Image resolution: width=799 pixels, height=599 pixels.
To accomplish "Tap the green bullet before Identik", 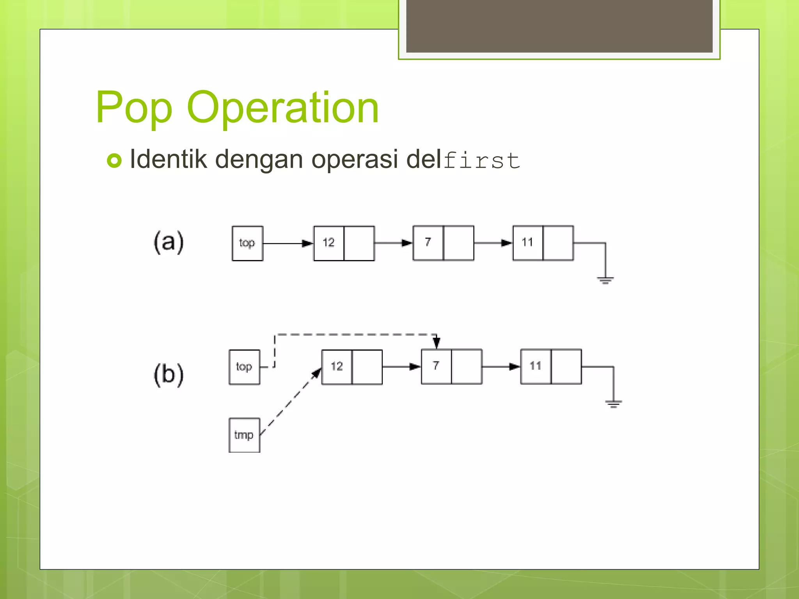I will pyautogui.click(x=114, y=161).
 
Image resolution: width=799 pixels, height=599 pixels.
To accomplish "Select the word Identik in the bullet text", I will pyautogui.click(x=168, y=159).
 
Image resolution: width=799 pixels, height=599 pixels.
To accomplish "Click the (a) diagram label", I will pyautogui.click(x=169, y=242).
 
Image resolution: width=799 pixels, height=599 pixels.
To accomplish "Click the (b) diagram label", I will pyautogui.click(x=169, y=375).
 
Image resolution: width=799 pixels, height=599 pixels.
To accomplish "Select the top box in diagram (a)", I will pyautogui.click(x=247, y=243).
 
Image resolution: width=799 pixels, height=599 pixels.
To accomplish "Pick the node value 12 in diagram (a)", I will pyautogui.click(x=329, y=243).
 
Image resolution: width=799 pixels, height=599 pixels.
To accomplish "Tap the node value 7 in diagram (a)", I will pyautogui.click(x=428, y=243).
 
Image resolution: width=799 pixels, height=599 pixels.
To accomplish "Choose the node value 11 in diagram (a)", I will pyautogui.click(x=527, y=243).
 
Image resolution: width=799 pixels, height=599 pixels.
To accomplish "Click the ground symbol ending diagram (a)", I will pyautogui.click(x=605, y=280).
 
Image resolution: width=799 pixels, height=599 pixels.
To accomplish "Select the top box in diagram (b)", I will pyautogui.click(x=244, y=367).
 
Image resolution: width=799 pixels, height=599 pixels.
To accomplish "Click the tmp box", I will pyautogui.click(x=244, y=435).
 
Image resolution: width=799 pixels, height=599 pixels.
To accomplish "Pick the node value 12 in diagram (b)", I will pyautogui.click(x=337, y=367).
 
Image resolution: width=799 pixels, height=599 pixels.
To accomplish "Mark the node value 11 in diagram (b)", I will pyautogui.click(x=536, y=366).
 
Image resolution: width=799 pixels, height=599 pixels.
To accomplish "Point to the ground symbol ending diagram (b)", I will pyautogui.click(x=613, y=404).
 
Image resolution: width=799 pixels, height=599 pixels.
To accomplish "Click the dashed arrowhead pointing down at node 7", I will pyautogui.click(x=437, y=343).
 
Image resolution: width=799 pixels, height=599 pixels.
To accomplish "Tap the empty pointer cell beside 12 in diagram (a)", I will pyautogui.click(x=359, y=243).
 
